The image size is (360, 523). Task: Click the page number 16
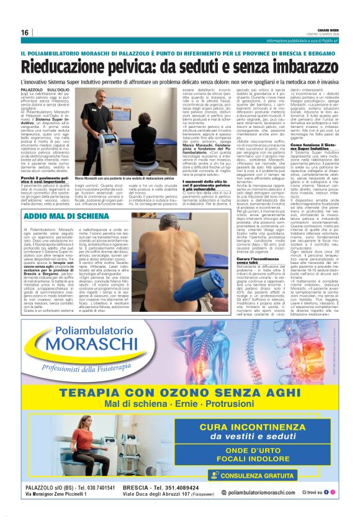pos(24,32)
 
